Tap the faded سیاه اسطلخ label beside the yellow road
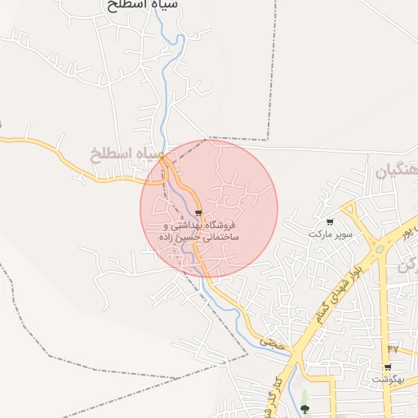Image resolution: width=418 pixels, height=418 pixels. pos(127,153)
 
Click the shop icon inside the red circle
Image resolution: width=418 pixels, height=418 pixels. pos(198,214)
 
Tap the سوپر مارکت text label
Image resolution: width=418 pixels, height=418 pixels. pos(329,233)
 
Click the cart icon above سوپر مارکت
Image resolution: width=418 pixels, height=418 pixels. pos(330,222)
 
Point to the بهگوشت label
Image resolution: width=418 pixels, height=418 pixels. pos(389,380)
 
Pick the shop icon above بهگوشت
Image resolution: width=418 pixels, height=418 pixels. pos(388,367)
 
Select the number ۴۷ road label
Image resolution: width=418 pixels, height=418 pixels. pos(392,349)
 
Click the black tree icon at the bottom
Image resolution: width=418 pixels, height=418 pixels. pos(305,408)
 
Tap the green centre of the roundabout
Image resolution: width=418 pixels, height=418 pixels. pos(378,249)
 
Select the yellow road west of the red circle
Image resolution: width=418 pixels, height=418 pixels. pos(65,155)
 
